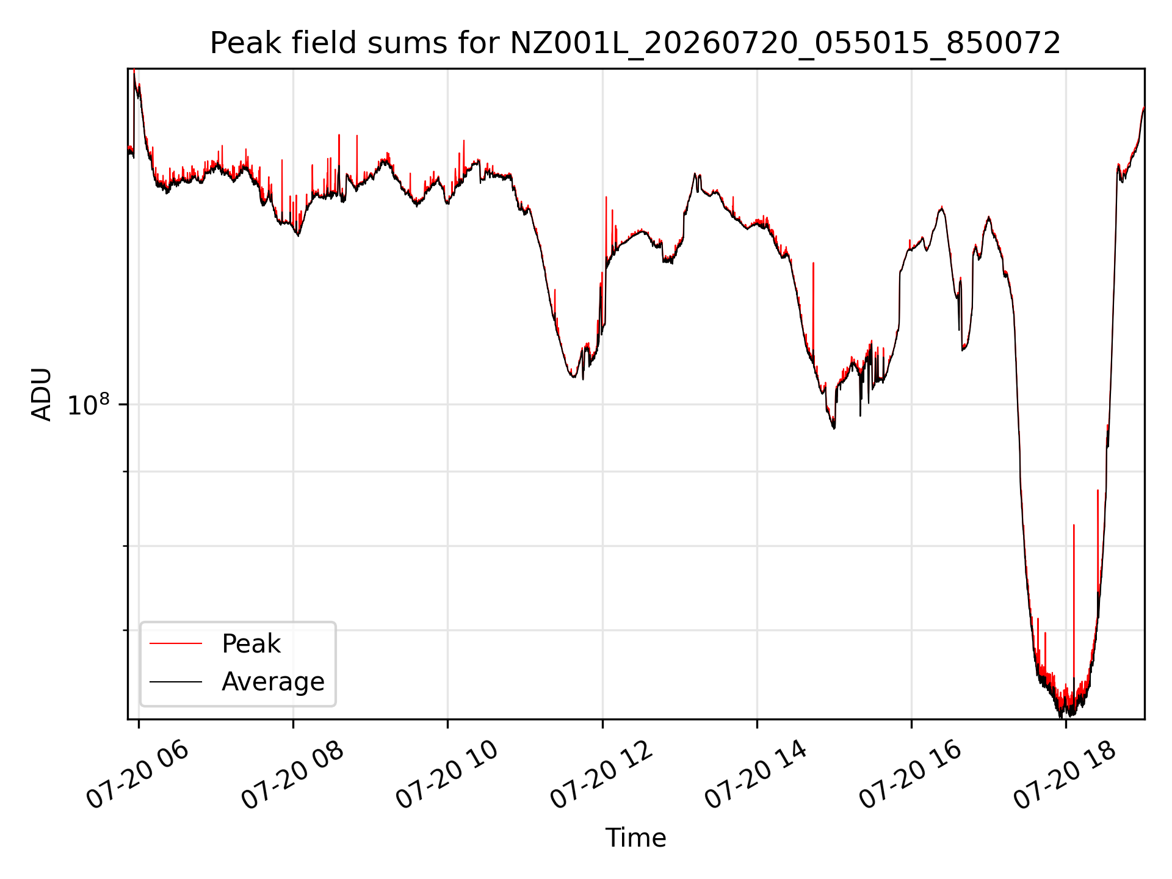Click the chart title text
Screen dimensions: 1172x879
[x=635, y=43]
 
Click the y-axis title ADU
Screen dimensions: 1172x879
[x=42, y=394]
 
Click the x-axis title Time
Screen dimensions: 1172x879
[x=635, y=837]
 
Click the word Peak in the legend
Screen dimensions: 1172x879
[x=251, y=644]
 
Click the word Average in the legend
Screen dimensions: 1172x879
[x=273, y=682]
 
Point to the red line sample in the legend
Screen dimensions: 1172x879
[x=176, y=643]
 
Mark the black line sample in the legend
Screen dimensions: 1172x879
[x=176, y=681]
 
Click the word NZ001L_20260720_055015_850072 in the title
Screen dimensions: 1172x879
[x=785, y=44]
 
